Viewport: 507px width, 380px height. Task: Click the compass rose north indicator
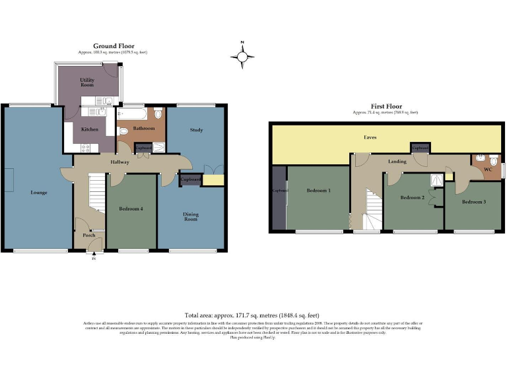(x=242, y=57)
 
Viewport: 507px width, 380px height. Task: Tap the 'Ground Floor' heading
(x=114, y=46)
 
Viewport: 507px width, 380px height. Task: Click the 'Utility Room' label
(x=87, y=82)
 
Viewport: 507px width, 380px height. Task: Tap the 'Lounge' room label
(x=39, y=193)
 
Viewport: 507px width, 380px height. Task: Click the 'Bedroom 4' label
(x=131, y=208)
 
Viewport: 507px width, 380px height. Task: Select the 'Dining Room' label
(x=191, y=216)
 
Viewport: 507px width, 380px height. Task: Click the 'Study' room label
(x=196, y=130)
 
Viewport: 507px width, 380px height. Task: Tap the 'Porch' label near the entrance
(x=88, y=235)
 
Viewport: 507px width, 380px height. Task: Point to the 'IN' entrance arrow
(x=94, y=258)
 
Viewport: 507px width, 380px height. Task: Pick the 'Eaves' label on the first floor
(x=370, y=138)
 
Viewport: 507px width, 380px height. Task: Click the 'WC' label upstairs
(x=488, y=170)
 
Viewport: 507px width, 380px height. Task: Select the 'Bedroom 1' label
(x=319, y=191)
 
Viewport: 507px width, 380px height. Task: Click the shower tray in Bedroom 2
(x=436, y=179)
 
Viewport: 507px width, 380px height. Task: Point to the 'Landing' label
(x=398, y=161)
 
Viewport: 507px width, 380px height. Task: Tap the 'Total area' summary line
(x=253, y=315)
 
